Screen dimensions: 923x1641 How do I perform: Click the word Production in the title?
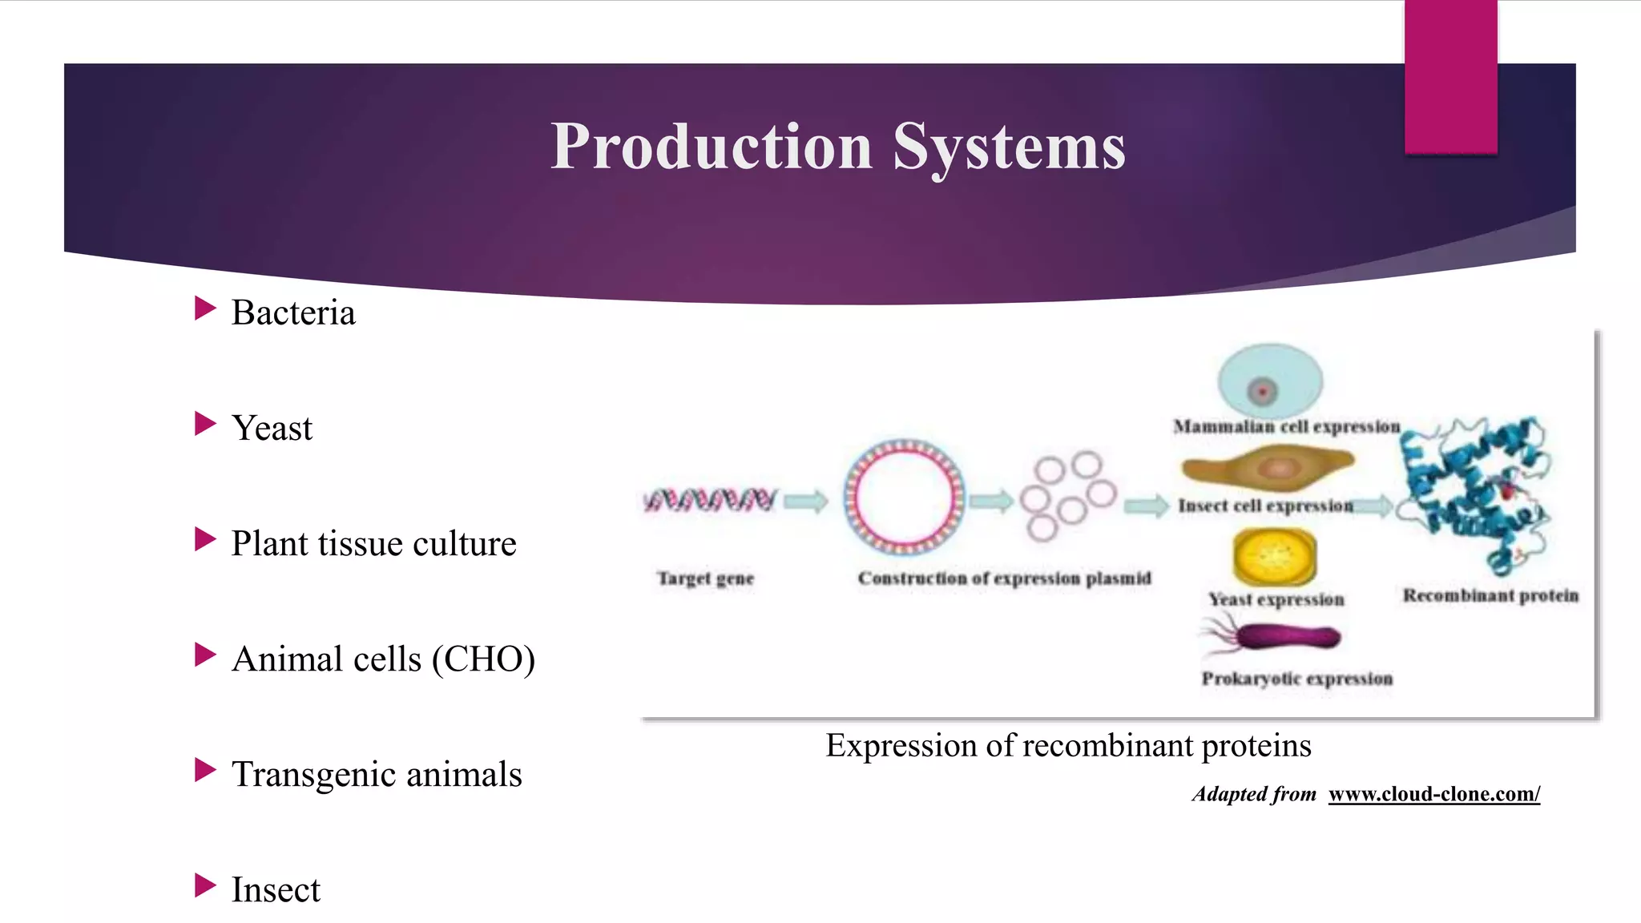[712, 147]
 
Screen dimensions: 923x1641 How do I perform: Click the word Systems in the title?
[1009, 147]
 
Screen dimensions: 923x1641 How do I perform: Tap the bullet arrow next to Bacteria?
[205, 308]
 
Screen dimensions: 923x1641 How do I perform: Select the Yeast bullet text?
[272, 428]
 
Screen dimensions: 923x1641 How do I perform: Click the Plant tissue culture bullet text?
[373, 543]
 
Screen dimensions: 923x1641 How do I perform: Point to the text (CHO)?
[483, 659]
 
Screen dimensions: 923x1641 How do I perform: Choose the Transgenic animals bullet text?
[377, 775]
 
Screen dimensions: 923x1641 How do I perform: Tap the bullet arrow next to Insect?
[205, 885]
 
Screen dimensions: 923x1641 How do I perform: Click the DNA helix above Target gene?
[710, 500]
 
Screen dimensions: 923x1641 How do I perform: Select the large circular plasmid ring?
[904, 497]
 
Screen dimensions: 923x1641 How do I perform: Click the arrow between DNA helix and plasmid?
[805, 502]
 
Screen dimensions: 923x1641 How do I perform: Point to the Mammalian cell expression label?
[1286, 426]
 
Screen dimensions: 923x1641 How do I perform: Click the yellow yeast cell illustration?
[1274, 555]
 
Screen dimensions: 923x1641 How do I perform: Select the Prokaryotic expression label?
[1296, 679]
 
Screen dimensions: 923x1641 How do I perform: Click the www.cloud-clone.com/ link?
[1433, 794]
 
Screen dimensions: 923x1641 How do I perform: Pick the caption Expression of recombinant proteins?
[1068, 745]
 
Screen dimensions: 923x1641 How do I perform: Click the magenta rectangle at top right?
[1450, 76]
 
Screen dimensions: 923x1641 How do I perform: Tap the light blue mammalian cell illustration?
[1270, 380]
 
